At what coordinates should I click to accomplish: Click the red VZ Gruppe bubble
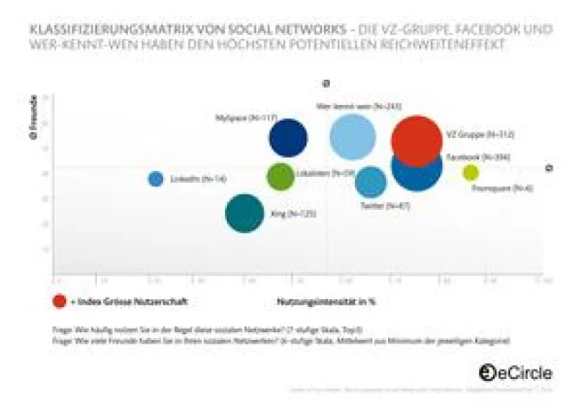click(417, 141)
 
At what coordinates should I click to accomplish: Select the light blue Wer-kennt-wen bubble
click(352, 138)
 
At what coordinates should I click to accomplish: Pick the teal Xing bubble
click(244, 213)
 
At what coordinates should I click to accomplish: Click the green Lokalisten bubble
click(280, 176)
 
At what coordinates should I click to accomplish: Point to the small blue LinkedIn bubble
click(156, 179)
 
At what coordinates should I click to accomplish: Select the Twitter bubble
click(371, 182)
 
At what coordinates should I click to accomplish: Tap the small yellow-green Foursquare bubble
click(470, 173)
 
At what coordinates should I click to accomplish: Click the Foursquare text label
click(514, 187)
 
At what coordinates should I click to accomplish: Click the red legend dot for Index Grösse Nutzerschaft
click(59, 301)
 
